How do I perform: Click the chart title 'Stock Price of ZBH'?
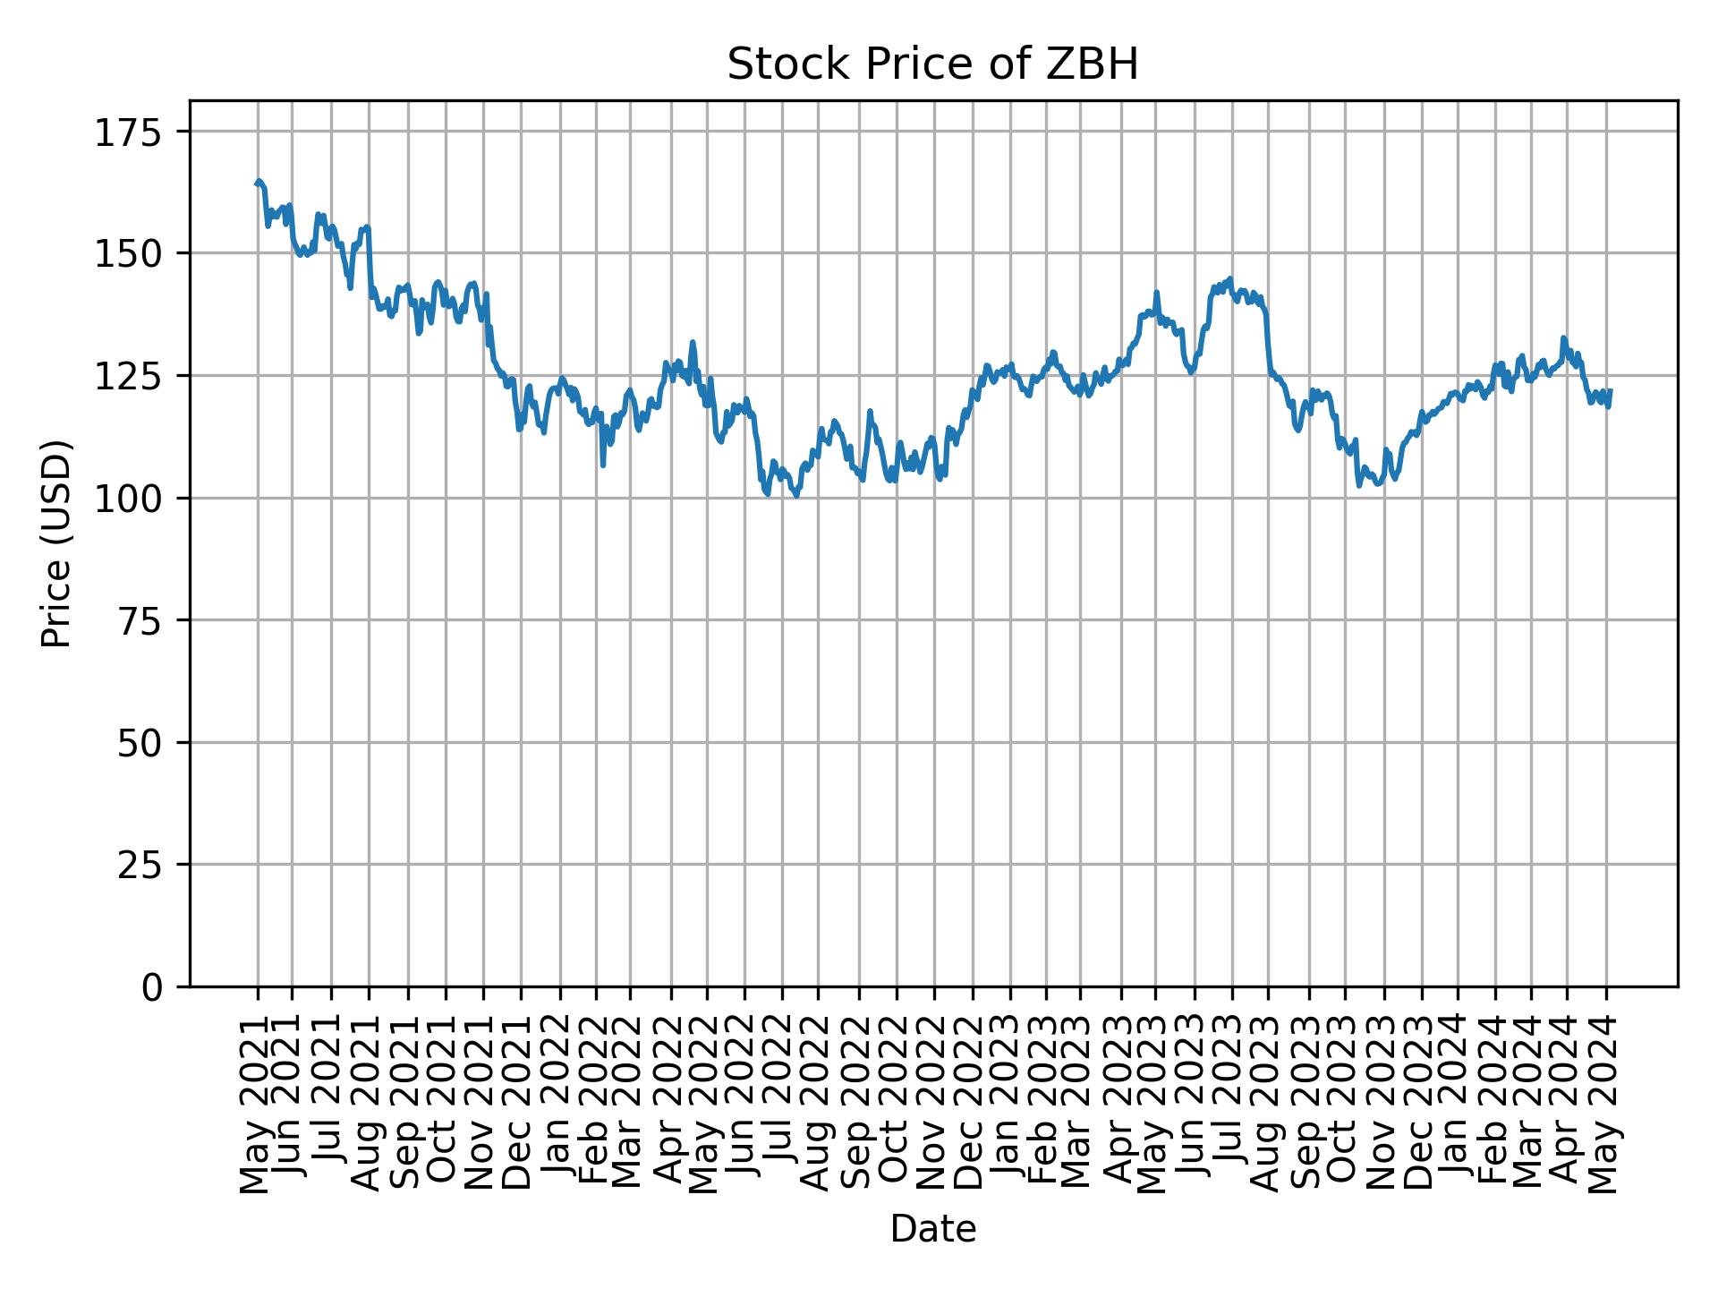932,65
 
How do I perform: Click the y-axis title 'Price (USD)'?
56,543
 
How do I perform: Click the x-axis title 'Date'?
932,1230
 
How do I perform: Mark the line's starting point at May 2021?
257,184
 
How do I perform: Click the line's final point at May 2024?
1611,390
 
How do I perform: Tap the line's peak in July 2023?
1230,278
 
